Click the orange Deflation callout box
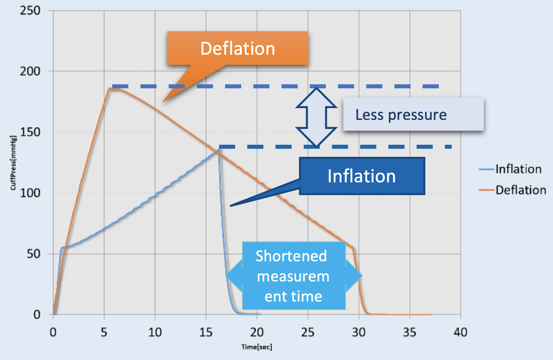(x=238, y=48)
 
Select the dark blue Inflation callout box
(x=362, y=176)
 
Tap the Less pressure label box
(x=413, y=115)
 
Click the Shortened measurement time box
(x=293, y=276)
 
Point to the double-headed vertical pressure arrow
(x=316, y=117)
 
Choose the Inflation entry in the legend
(x=518, y=169)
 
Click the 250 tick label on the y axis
(x=30, y=10)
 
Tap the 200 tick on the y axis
(x=30, y=71)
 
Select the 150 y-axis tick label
(x=30, y=132)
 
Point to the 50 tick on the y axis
(x=34, y=254)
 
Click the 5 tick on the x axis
(x=104, y=332)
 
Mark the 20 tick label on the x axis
(x=257, y=332)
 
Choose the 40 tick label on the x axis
(x=460, y=332)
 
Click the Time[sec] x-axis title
(x=257, y=347)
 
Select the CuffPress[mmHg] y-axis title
(x=13, y=163)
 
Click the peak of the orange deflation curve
(x=110, y=89)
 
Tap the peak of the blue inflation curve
(x=219, y=149)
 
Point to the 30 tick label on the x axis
(x=358, y=332)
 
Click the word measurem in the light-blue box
(x=293, y=276)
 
